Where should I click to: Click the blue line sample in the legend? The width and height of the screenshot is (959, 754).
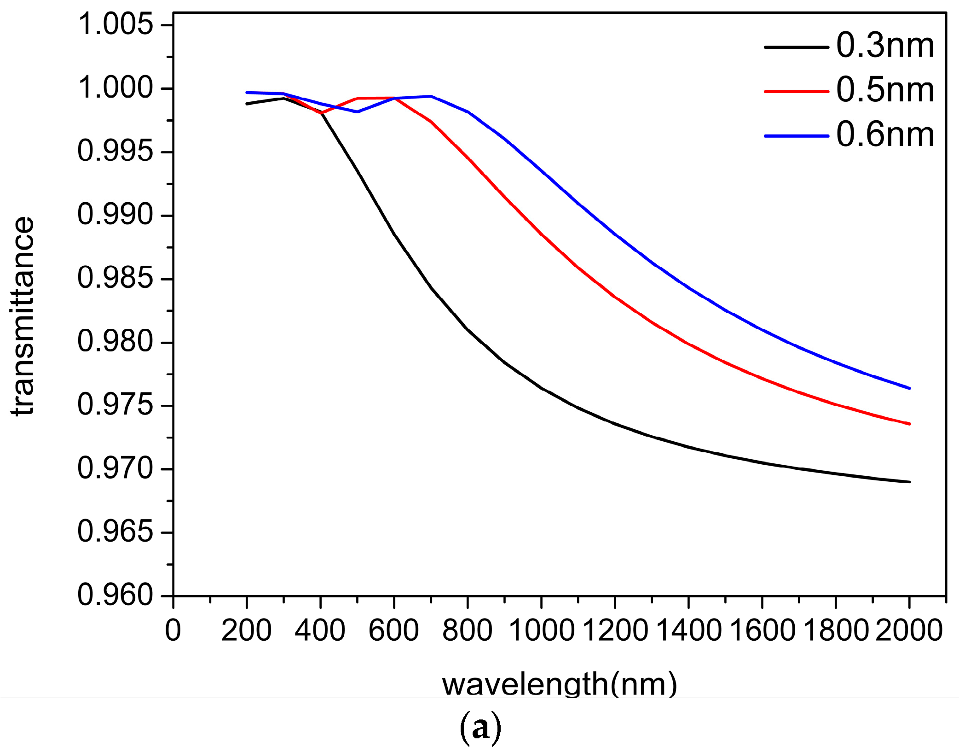coord(796,136)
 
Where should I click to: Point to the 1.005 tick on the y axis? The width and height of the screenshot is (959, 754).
coord(115,24)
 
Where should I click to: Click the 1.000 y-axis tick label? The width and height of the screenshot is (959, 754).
coord(115,88)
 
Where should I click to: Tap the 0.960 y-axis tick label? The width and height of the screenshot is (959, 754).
coord(115,595)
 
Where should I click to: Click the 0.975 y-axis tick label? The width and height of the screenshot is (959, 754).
coord(115,405)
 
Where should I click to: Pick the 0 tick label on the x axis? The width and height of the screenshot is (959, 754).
coord(173,631)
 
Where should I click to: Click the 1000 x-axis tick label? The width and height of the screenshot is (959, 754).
coord(542,631)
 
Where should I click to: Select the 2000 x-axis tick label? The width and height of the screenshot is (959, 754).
coord(909,631)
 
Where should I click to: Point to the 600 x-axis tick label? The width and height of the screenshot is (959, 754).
coord(394,631)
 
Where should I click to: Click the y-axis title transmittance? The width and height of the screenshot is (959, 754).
coord(23,316)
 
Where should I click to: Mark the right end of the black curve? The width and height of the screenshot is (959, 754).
coord(910,482)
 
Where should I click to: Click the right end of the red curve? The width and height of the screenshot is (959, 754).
coord(910,424)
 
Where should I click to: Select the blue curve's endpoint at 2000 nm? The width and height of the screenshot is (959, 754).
coord(910,388)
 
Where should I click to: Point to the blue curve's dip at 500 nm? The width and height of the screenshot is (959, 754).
coord(358,112)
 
